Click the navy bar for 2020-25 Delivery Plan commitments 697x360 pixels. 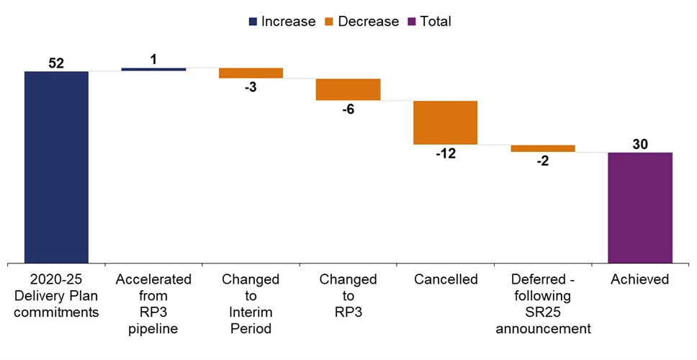pyautogui.click(x=56, y=167)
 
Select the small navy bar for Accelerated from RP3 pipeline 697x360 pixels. pyautogui.click(x=153, y=69)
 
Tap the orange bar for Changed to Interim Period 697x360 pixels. pyautogui.click(x=251, y=73)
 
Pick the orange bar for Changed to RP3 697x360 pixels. pyautogui.click(x=348, y=89)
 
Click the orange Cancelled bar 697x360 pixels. pyautogui.click(x=445, y=122)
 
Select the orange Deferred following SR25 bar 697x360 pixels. pyautogui.click(x=543, y=148)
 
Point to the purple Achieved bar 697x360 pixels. pyautogui.click(x=640, y=207)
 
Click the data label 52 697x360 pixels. pyautogui.click(x=56, y=63)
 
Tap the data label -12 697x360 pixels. pyautogui.click(x=445, y=153)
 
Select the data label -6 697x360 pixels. pyautogui.click(x=348, y=109)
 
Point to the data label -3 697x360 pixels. pyautogui.click(x=251, y=87)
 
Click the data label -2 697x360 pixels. pyautogui.click(x=543, y=161)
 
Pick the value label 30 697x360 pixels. pyautogui.click(x=640, y=144)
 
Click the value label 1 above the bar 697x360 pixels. pyautogui.click(x=153, y=60)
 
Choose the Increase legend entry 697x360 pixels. pyautogui.click(x=282, y=22)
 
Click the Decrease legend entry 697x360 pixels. pyautogui.click(x=364, y=22)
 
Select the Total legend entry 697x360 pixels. pyautogui.click(x=429, y=22)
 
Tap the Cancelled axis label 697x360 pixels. pyautogui.click(x=445, y=279)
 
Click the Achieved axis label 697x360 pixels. pyautogui.click(x=640, y=279)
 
